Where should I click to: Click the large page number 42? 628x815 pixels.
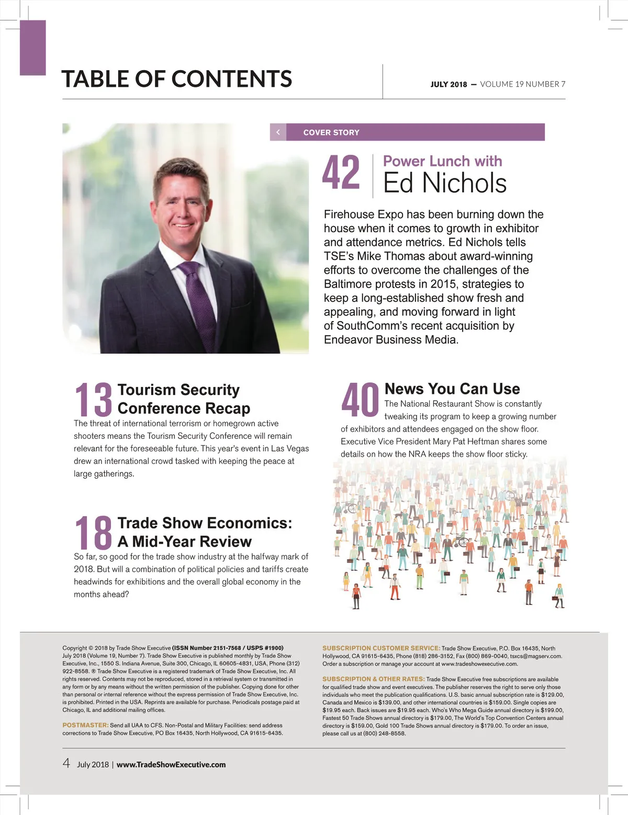pyautogui.click(x=341, y=173)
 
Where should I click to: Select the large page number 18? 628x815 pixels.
pyautogui.click(x=94, y=533)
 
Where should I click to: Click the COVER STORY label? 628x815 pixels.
pyautogui.click(x=331, y=132)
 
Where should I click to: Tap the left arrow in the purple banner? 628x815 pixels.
pyautogui.click(x=278, y=132)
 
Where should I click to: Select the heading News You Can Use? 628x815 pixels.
pyautogui.click(x=452, y=389)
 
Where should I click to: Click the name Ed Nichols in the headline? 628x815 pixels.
pyautogui.click(x=445, y=183)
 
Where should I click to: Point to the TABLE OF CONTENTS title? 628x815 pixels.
pyautogui.click(x=177, y=79)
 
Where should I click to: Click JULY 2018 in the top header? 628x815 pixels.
pyautogui.click(x=448, y=84)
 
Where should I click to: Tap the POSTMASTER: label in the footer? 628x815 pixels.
pyautogui.click(x=85, y=725)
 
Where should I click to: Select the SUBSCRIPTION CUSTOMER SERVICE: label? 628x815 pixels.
pyautogui.click(x=381, y=648)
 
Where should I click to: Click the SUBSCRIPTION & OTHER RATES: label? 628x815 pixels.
pyautogui.click(x=373, y=679)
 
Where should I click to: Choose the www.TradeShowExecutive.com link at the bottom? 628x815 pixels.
pyautogui.click(x=171, y=764)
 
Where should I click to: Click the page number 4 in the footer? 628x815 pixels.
pyautogui.click(x=66, y=763)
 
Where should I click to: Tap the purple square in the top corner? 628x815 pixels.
pyautogui.click(x=33, y=48)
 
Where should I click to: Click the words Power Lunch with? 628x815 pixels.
pyautogui.click(x=442, y=161)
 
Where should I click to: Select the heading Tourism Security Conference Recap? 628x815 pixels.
pyautogui.click(x=184, y=399)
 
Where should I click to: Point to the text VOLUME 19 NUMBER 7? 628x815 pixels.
pyautogui.click(x=522, y=84)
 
